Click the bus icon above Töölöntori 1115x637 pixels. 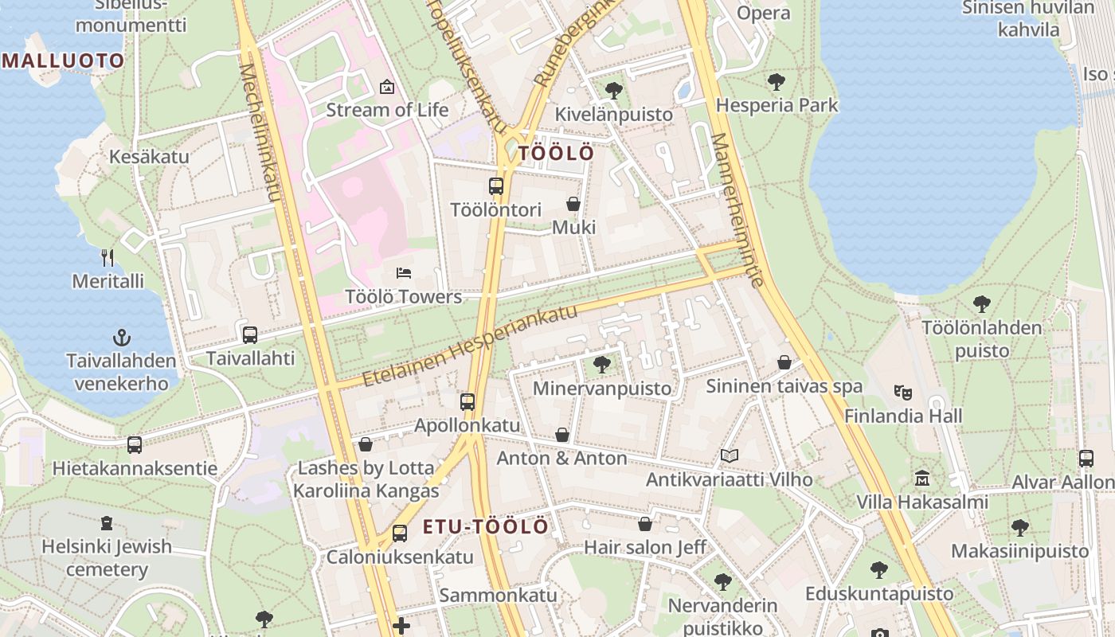496,186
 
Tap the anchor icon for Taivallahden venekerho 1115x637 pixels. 122,337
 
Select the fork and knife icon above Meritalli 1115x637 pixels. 108,257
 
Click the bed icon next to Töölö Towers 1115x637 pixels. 404,273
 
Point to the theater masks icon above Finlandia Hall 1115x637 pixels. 902,392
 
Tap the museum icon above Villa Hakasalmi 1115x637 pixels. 922,479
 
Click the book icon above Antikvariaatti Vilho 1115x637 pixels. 729,455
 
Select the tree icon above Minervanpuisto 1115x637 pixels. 602,365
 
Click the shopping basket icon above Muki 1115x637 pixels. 573,204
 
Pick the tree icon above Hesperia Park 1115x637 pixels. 777,81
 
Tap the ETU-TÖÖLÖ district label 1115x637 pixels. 485,526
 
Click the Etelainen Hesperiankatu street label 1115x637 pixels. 470,346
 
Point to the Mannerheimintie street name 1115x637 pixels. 737,209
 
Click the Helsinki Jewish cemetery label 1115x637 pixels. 107,557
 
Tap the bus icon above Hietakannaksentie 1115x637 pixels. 135,444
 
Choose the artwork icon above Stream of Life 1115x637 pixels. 387,86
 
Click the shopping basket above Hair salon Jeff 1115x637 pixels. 645,524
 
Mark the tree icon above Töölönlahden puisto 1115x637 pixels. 981,303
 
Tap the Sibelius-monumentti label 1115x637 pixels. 131,16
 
